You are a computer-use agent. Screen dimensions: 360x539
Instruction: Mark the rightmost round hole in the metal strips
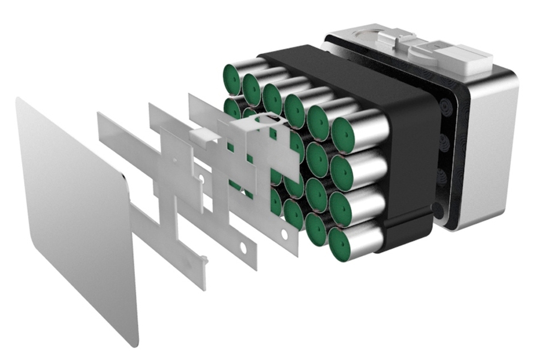pyautogui.click(x=243, y=246)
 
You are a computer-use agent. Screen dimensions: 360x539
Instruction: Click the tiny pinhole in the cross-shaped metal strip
pyautogui.click(x=174, y=161)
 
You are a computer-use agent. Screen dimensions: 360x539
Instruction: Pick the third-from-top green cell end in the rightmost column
pyautogui.click(x=339, y=208)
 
